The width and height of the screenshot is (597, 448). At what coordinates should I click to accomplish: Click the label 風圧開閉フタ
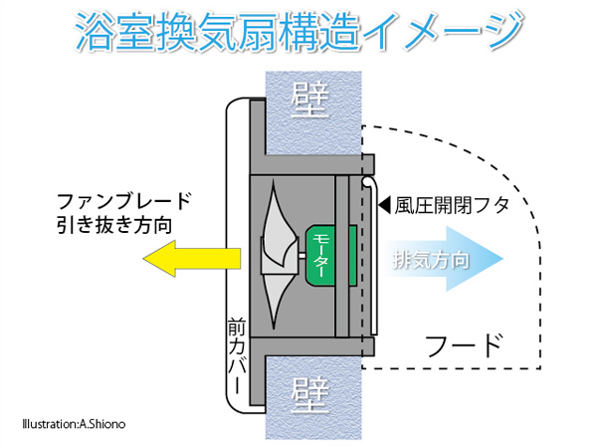[x=453, y=207]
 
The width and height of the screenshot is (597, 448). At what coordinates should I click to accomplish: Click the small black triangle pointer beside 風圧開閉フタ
[x=384, y=206]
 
